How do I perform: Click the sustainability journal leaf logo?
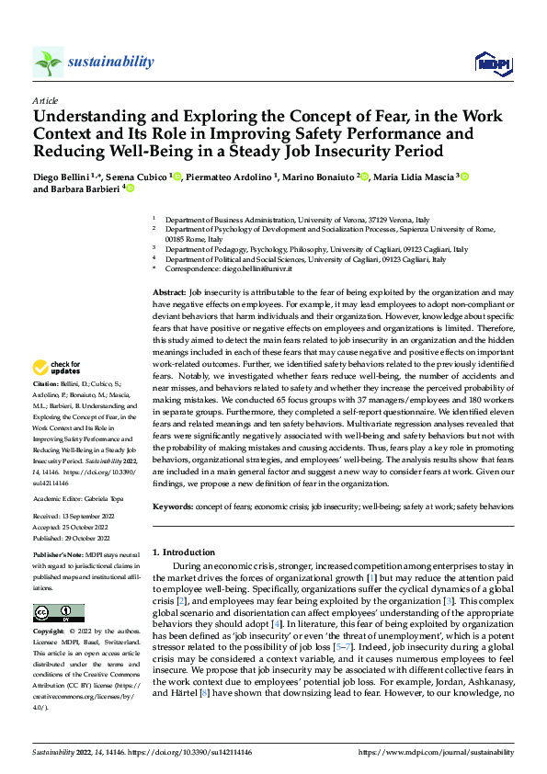point(48,62)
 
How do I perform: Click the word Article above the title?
point(45,100)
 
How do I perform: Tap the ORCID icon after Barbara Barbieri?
point(130,189)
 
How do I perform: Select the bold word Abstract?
point(168,290)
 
